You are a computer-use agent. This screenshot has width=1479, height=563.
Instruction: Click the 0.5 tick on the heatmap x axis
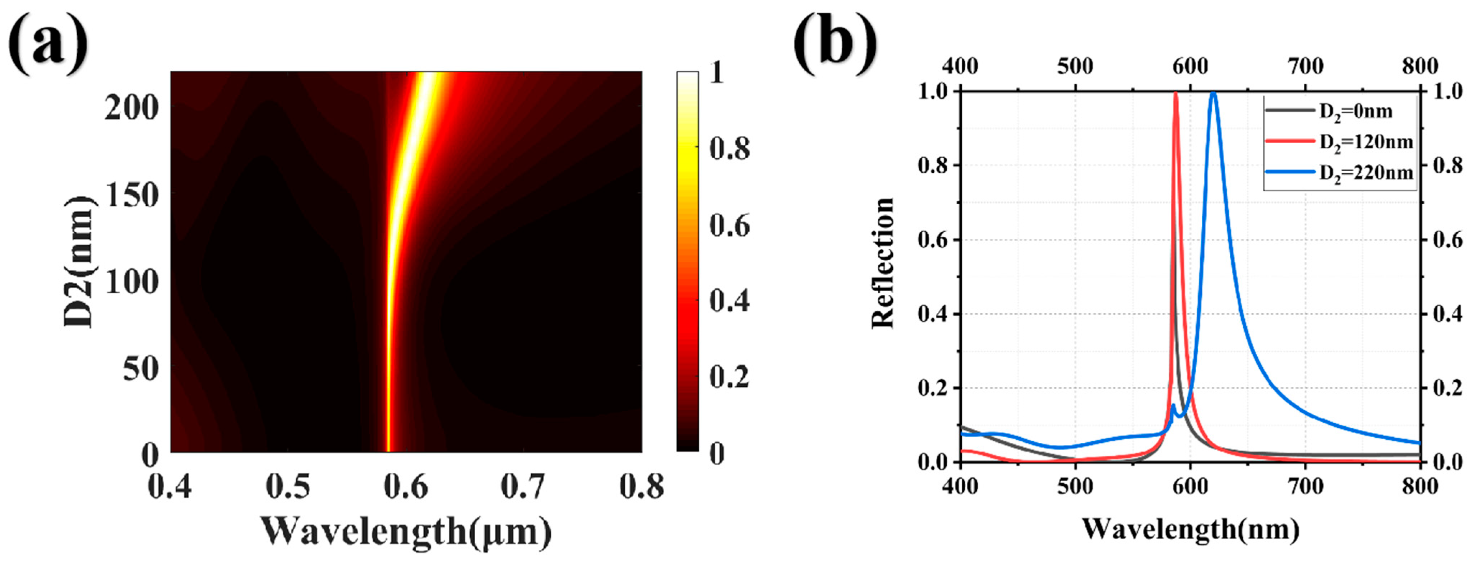[288, 487]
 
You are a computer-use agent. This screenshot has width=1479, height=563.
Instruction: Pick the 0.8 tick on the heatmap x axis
[641, 487]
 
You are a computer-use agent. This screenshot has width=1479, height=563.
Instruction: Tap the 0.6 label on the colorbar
[729, 225]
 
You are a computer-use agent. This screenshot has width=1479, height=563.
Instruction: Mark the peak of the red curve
[1175, 93]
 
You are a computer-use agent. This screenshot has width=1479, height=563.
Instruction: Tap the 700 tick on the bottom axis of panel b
[1305, 487]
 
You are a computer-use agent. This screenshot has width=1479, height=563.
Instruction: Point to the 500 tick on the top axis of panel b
[1075, 66]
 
